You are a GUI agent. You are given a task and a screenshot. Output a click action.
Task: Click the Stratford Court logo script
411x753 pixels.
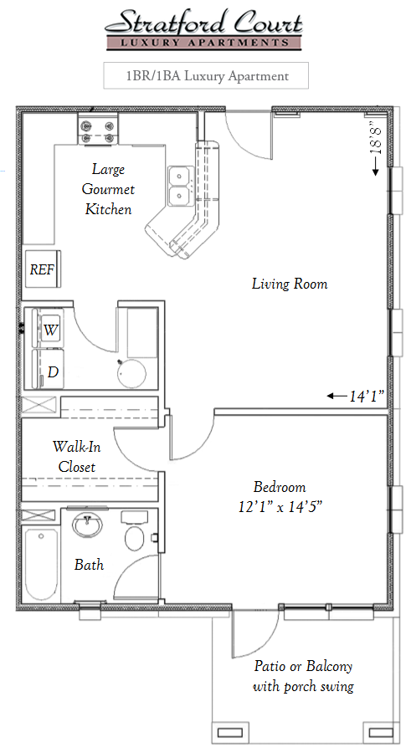pos(204,23)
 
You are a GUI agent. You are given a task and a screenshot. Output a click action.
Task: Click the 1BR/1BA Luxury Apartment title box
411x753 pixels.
pos(206,75)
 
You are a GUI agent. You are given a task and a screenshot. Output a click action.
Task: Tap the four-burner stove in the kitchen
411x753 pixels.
pos(98,131)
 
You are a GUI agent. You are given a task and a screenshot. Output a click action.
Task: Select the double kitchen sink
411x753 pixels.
pos(181,186)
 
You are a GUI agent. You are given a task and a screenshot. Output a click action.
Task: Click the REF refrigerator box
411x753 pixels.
pos(43,269)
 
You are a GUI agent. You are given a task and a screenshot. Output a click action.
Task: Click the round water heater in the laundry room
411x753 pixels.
pos(131,374)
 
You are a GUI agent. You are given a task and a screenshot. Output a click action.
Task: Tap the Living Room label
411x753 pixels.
pos(290,284)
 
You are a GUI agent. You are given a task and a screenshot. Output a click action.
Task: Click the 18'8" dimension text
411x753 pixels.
pos(377,139)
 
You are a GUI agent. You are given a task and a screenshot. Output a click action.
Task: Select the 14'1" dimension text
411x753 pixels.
pos(367,397)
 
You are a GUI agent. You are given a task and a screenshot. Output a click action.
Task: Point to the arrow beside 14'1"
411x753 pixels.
pos(337,396)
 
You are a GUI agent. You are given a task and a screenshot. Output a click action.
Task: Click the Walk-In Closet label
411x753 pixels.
pos(77,457)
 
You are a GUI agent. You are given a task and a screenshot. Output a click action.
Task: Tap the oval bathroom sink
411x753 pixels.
pos(87,525)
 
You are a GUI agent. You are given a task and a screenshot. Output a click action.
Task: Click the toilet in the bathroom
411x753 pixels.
pos(136,530)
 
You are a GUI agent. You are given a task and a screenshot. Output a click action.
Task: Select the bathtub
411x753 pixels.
pos(42,564)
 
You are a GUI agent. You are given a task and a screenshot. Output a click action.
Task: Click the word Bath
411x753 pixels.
pos(89,564)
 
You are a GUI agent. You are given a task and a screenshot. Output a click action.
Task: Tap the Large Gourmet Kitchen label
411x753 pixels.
pos(108,189)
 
